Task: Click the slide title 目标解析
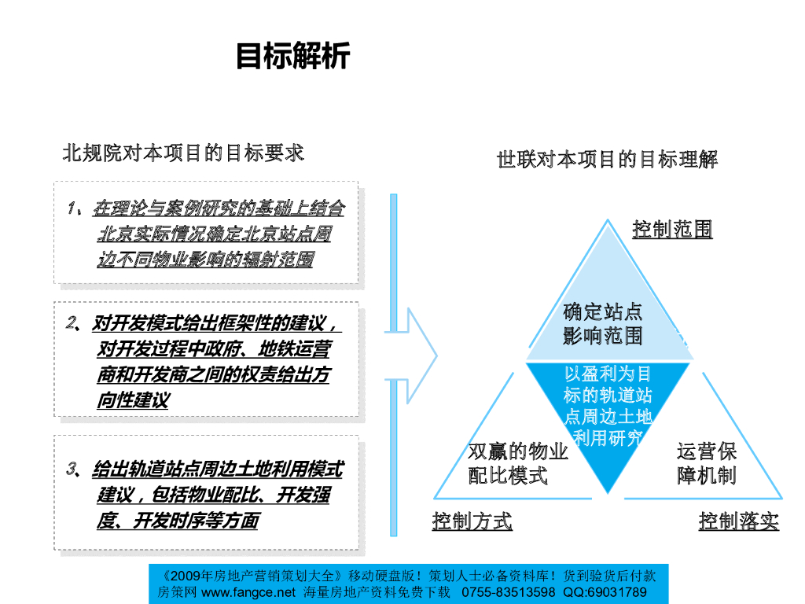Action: coord(292,57)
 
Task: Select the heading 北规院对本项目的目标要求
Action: coord(183,153)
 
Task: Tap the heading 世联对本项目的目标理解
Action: coord(607,160)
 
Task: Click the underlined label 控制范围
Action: coord(672,229)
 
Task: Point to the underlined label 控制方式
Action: coord(472,521)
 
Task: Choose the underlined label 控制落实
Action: coord(738,521)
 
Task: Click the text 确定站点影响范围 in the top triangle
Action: coord(603,324)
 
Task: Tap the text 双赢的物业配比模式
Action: coord(517,463)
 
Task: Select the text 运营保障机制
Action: coord(706,463)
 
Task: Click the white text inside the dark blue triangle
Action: coord(608,406)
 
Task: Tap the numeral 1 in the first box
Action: coord(72,208)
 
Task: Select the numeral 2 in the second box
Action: coord(72,322)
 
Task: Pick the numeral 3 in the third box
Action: coord(72,470)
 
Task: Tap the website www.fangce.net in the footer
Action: coord(248,592)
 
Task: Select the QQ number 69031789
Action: coord(616,592)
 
